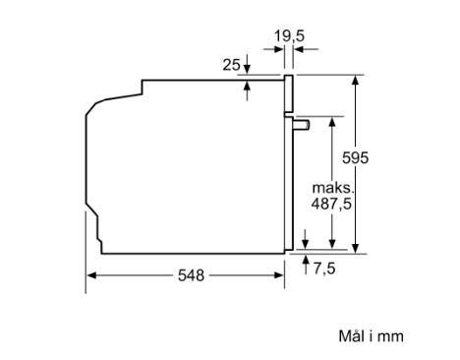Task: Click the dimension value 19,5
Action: [x=289, y=35]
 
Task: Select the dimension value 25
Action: [x=231, y=65]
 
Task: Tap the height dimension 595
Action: [x=355, y=157]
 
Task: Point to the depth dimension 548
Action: [x=191, y=275]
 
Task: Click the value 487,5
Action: [x=331, y=204]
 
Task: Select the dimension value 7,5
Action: [x=324, y=269]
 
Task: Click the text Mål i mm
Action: [x=371, y=336]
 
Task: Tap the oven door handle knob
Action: [x=302, y=125]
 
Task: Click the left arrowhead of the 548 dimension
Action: [x=91, y=275]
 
